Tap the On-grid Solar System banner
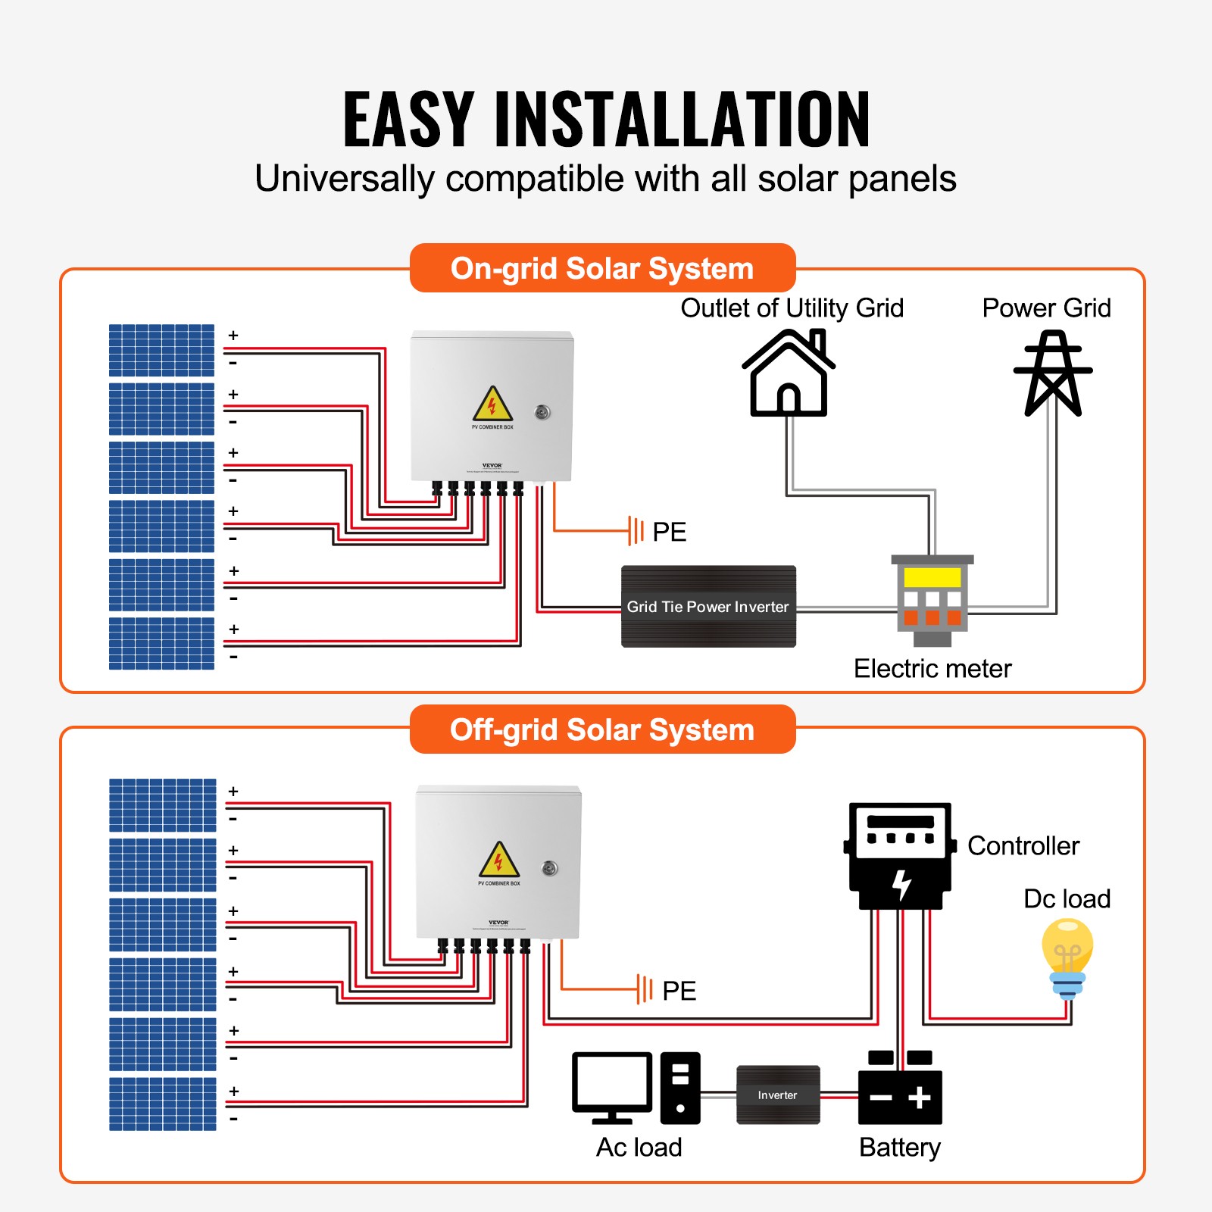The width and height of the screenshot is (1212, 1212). tap(602, 268)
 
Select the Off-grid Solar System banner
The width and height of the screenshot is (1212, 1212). tap(602, 729)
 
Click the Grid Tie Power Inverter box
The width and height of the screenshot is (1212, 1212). tap(708, 607)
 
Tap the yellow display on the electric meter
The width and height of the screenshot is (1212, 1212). tap(932, 577)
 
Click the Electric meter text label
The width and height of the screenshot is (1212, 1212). tap(932, 669)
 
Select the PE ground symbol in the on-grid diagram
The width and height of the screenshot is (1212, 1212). tap(636, 531)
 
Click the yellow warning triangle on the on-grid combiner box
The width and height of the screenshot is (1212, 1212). tap(492, 405)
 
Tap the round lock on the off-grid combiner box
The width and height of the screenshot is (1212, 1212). tap(550, 868)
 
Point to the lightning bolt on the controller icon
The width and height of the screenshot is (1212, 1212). tap(901, 884)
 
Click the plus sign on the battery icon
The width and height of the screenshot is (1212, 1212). tap(920, 1098)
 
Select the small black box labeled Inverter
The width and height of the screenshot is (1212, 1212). tap(778, 1095)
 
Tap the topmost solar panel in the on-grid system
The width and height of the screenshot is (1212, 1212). tap(161, 350)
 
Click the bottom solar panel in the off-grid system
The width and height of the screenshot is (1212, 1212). tap(162, 1104)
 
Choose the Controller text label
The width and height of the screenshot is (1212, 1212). tap(1023, 846)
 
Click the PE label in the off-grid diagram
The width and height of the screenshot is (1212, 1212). tap(679, 991)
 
